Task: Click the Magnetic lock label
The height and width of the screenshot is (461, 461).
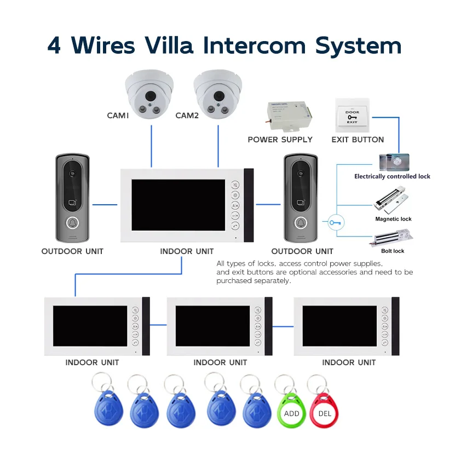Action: tap(393, 219)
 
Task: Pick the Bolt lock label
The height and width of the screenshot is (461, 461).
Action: tap(393, 251)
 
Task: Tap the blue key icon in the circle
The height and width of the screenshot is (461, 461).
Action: tap(335, 223)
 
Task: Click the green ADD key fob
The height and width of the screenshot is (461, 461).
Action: tap(291, 412)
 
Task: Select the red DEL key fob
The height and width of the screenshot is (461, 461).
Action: tap(325, 412)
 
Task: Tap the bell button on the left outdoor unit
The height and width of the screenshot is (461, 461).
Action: tap(72, 223)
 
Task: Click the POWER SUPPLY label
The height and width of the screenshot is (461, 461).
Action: tap(280, 140)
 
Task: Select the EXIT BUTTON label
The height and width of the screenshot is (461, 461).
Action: tap(358, 140)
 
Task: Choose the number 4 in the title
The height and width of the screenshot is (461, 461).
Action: tap(54, 45)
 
